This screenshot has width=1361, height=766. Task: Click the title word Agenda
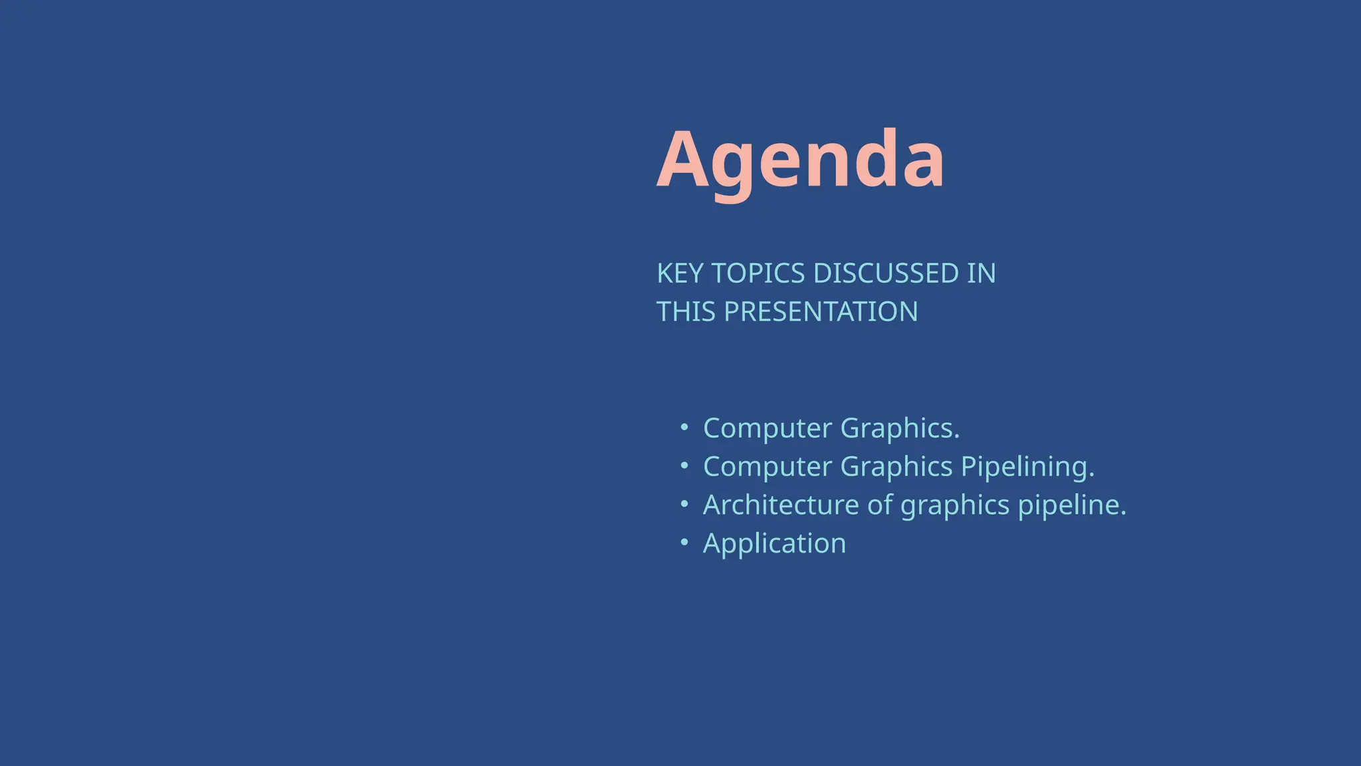800,162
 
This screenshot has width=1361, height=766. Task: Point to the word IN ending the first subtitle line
981,273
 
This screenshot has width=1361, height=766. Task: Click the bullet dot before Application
684,543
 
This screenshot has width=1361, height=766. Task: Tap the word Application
774,544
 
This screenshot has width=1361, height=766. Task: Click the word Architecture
781,505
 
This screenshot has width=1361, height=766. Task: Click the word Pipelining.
1027,467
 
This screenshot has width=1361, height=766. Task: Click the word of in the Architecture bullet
880,505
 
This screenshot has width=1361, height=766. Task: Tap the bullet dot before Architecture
684,505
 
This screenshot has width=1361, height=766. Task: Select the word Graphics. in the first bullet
900,428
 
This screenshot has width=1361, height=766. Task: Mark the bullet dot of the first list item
684,428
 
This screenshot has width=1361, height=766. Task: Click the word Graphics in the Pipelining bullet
896,467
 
